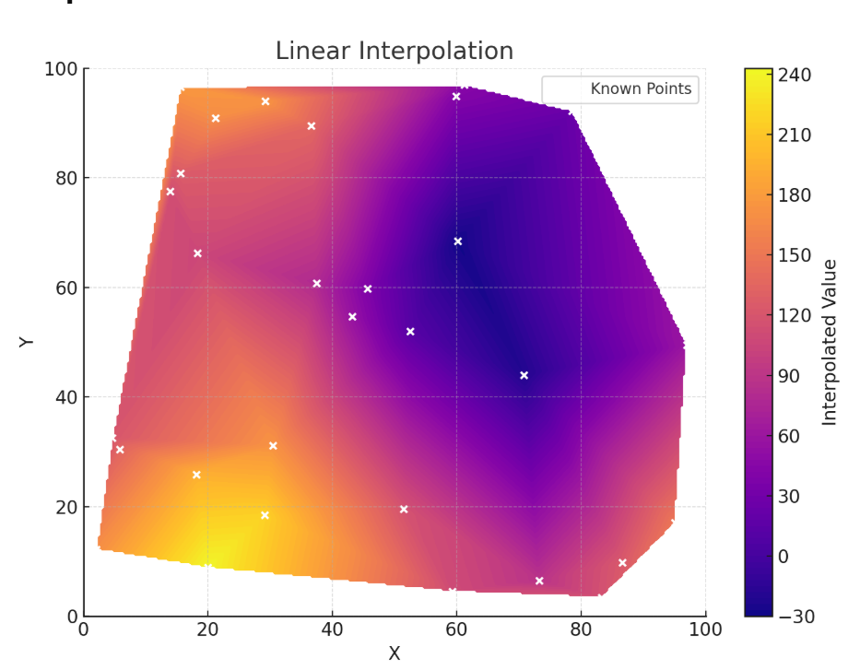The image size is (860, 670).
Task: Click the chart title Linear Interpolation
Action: coord(395,52)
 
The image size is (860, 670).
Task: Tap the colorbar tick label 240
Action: coord(795,75)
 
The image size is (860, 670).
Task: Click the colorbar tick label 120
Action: coord(795,316)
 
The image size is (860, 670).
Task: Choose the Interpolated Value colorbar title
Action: coord(831,342)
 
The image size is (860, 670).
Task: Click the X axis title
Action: coord(395,653)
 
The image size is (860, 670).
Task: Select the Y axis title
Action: coord(27,342)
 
